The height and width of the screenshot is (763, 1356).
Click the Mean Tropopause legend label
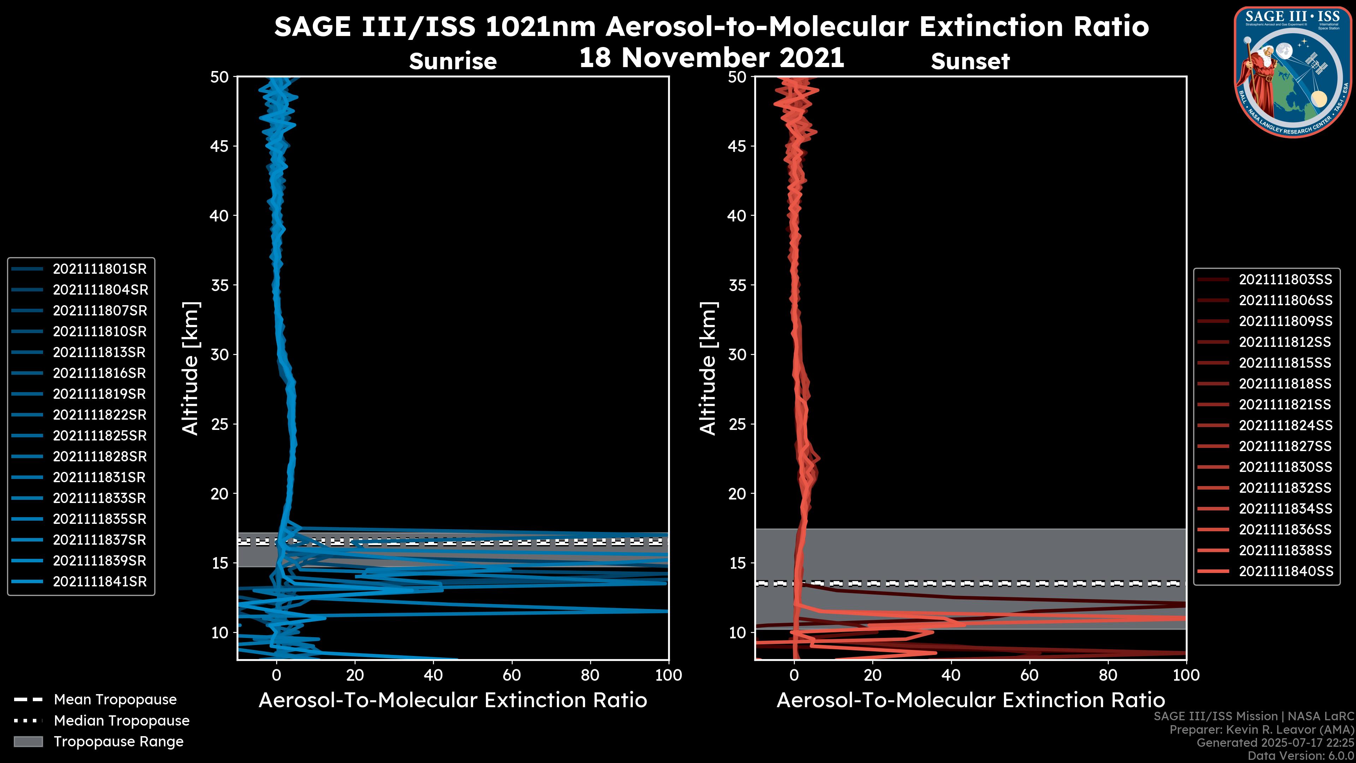pos(115,699)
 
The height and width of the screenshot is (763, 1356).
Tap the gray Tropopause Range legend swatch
pos(28,741)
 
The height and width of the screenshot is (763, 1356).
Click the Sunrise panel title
pos(453,61)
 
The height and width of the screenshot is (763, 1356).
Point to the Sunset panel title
pos(970,61)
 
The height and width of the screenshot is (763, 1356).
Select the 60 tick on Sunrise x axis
pos(512,675)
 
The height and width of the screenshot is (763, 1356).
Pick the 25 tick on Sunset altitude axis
pos(737,424)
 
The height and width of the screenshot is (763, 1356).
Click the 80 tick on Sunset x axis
pos(1108,675)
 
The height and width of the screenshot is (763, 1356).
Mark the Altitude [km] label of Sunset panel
pos(708,368)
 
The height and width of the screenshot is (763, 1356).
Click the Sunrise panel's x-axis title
pos(453,700)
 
